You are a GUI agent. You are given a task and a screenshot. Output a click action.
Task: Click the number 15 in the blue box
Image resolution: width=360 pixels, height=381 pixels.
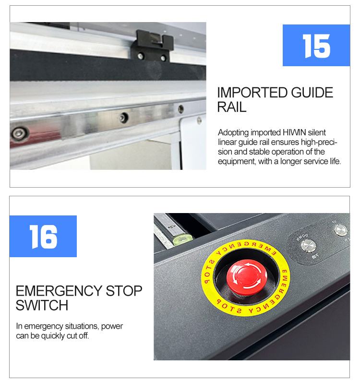point(316,46)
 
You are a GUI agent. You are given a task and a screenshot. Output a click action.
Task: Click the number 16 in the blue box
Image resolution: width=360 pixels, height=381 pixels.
point(43,237)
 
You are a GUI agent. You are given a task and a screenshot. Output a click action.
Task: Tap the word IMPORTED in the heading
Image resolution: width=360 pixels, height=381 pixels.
point(252,93)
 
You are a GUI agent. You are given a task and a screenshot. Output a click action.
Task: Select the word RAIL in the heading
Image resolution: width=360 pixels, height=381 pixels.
point(232,107)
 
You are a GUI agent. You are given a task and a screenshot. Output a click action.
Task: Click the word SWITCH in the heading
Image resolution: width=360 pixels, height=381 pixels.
point(42,305)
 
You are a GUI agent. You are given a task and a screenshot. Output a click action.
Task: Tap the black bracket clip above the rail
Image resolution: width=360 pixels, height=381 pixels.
point(153,46)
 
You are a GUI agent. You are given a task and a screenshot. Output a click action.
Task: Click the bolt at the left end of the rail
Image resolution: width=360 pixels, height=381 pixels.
point(19,133)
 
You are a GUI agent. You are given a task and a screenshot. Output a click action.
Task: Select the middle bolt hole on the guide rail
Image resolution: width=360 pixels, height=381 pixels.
point(124,118)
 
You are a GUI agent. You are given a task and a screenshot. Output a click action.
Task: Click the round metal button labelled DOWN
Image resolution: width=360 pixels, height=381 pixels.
point(309,246)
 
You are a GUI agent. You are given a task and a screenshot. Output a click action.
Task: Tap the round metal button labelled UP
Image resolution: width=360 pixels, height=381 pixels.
point(340,230)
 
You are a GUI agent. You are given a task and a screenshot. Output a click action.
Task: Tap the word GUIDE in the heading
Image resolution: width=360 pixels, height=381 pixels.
point(312,93)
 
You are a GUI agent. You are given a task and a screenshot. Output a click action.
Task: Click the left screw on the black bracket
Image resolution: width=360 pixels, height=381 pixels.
point(141,56)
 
